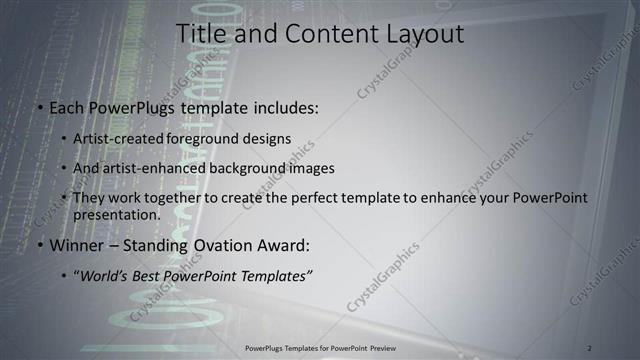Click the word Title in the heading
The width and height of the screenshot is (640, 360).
[x=200, y=34]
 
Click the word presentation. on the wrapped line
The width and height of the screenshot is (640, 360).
[x=116, y=214]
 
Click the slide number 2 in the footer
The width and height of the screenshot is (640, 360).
[x=590, y=348]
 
